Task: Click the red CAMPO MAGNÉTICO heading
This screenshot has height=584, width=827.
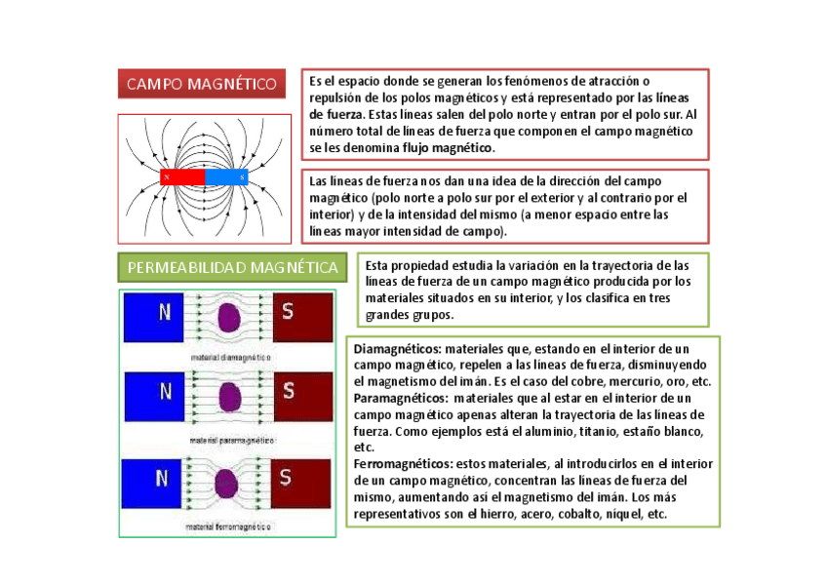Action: tap(202, 84)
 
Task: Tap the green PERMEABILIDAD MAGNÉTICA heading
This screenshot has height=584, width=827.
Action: tap(233, 267)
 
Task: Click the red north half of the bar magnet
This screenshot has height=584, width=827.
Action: tap(182, 177)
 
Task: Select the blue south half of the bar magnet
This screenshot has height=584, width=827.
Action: tap(227, 177)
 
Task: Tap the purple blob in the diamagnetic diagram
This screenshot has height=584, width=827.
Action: tap(230, 318)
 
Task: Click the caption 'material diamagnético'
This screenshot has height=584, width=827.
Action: tap(229, 358)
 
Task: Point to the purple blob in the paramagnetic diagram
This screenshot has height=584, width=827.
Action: tap(230, 397)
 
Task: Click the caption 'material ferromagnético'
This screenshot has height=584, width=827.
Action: tap(229, 527)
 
